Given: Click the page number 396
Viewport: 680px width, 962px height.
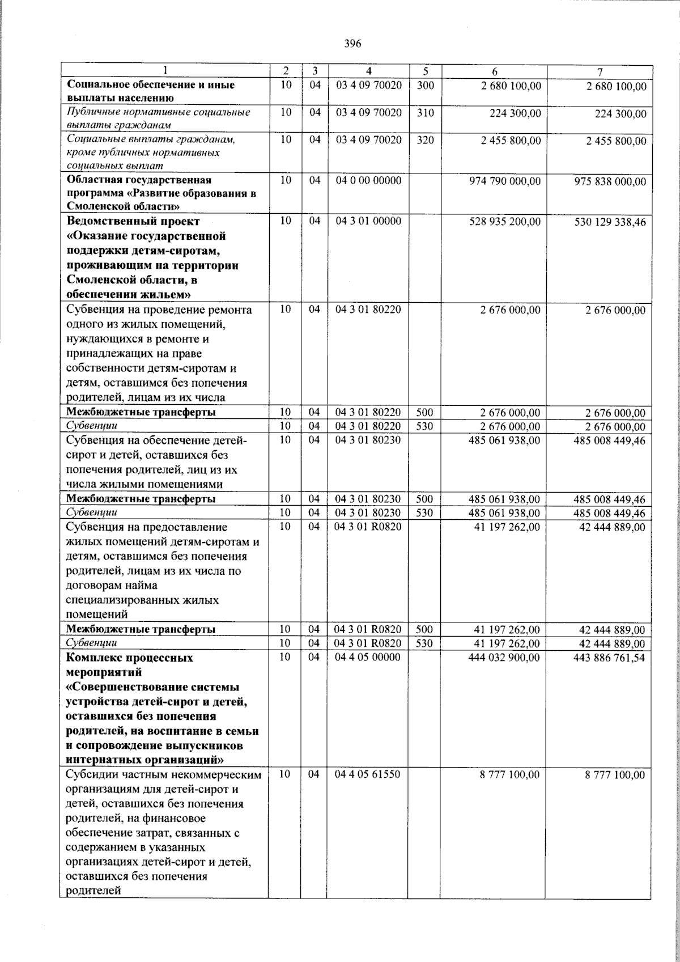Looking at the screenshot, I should point(352,44).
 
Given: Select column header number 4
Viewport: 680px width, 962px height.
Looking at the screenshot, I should point(369,71).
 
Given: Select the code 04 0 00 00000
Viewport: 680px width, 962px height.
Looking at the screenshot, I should point(368,180).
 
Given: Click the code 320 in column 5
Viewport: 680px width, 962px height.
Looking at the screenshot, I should point(425,140).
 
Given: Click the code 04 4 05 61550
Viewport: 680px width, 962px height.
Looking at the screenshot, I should point(368,773).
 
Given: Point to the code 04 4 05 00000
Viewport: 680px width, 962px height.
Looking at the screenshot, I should point(368,657).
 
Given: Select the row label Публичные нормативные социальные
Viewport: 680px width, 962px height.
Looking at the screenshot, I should point(158,112).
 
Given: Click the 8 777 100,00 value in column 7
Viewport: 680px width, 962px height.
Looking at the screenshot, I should point(615,775).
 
